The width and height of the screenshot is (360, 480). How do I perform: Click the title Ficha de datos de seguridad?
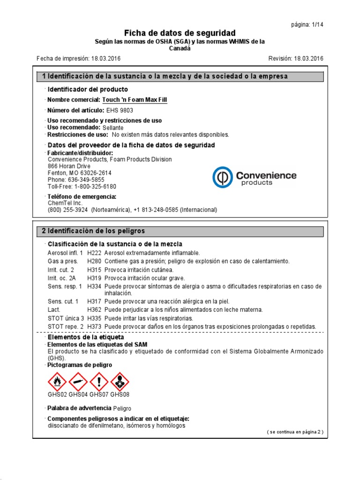pyautogui.click(x=180, y=33)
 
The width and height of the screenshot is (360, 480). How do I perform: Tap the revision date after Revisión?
pyautogui.click(x=308, y=59)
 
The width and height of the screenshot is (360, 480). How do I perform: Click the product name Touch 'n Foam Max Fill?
pyautogui.click(x=135, y=100)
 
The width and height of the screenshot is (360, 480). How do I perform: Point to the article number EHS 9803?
pyautogui.click(x=119, y=111)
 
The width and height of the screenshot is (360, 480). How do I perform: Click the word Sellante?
pyautogui.click(x=113, y=127)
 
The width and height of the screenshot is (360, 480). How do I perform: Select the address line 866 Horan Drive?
pyautogui.click(x=69, y=166)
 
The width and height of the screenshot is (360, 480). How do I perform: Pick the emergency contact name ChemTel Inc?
pyautogui.click(x=65, y=203)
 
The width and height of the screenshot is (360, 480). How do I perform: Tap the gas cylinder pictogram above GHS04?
pyautogui.click(x=78, y=382)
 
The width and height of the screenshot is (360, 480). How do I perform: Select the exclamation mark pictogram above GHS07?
pyautogui.click(x=99, y=382)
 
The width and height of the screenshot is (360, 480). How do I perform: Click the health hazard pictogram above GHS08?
pyautogui.click(x=120, y=382)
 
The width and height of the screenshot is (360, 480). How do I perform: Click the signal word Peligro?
pyautogui.click(x=122, y=409)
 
